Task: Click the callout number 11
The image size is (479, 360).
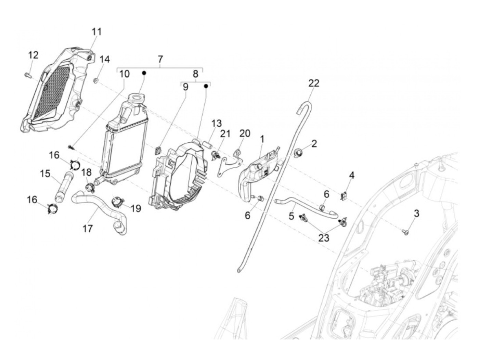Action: pyautogui.click(x=96, y=32)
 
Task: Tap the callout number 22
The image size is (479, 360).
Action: pyautogui.click(x=313, y=83)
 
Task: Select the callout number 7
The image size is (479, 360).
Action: pyautogui.click(x=160, y=59)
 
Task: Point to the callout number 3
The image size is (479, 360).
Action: pyautogui.click(x=416, y=214)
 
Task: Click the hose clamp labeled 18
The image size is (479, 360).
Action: pyautogui.click(x=90, y=187)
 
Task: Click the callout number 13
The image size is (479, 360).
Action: pyautogui.click(x=216, y=123)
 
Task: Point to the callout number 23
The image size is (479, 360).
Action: pyautogui.click(x=324, y=237)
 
